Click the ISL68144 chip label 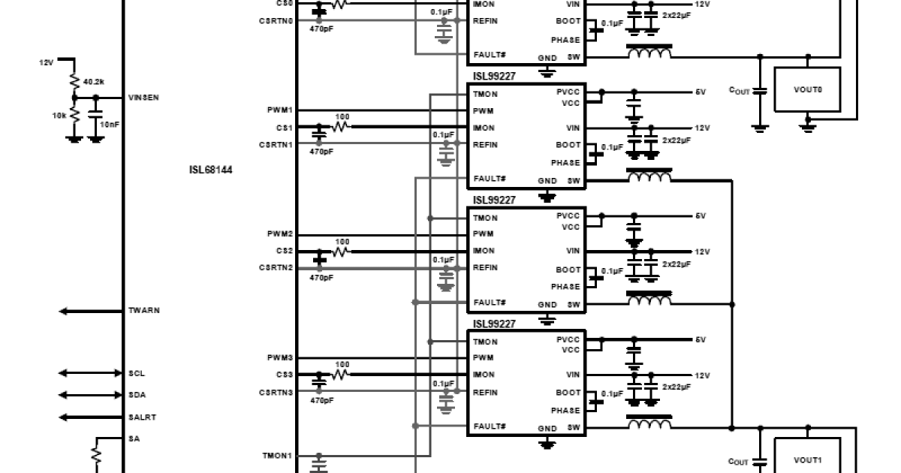211,170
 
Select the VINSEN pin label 144,98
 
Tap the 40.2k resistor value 94,81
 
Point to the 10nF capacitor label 110,125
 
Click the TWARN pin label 143,311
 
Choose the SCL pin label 137,373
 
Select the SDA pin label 137,395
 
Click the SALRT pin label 142,417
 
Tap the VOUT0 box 807,89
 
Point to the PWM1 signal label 280,110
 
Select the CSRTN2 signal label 276,268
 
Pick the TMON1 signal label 277,456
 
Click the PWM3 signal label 280,358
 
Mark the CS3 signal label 285,375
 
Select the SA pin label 134,439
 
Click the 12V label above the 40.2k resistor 47,62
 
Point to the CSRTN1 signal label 276,143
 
